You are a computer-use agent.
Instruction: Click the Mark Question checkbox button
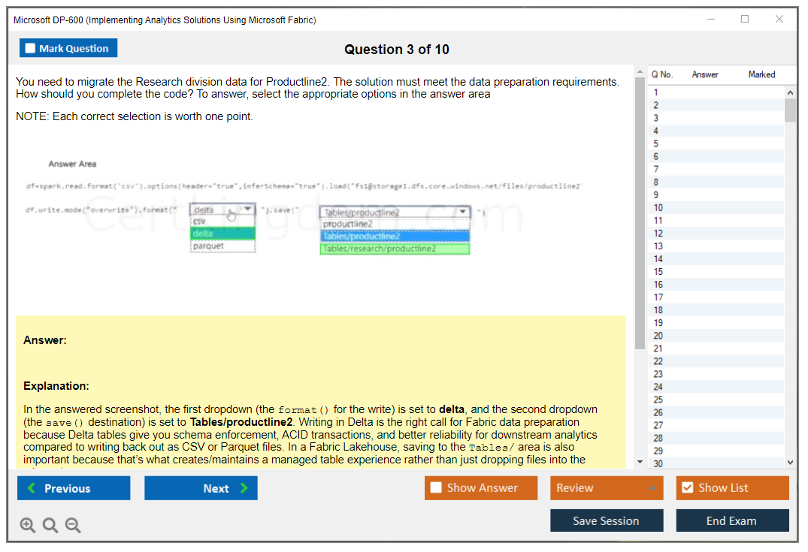point(68,48)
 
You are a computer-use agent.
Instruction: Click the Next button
point(201,488)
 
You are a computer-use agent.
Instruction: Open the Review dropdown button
point(607,488)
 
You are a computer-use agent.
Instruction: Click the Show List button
point(732,488)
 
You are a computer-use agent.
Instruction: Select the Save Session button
point(606,520)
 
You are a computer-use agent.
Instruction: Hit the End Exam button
point(731,520)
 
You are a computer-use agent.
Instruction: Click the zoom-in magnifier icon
point(28,525)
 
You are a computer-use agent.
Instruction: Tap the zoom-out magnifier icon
point(73,525)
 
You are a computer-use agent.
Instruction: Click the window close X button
point(779,20)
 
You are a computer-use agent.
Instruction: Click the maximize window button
point(745,20)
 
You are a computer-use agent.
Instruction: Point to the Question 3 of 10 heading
point(397,50)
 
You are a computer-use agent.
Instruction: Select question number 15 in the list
point(658,272)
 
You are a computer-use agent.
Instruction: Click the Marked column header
point(761,74)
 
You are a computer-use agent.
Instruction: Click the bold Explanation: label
point(56,386)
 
